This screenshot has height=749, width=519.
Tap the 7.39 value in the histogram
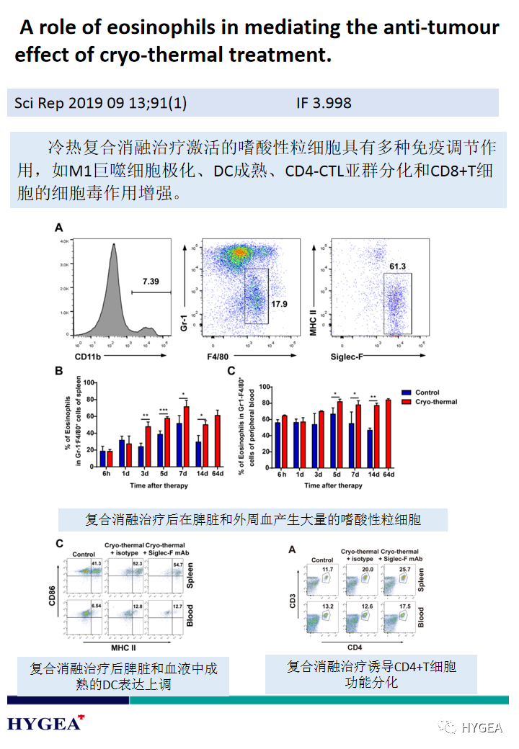click(x=151, y=280)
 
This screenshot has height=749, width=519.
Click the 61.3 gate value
click(x=399, y=266)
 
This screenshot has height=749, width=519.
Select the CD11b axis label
click(x=86, y=355)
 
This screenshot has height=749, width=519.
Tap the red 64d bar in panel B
click(x=217, y=441)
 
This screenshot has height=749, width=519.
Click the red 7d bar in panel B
click(x=187, y=437)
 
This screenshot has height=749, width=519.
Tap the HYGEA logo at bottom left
click(x=45, y=724)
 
